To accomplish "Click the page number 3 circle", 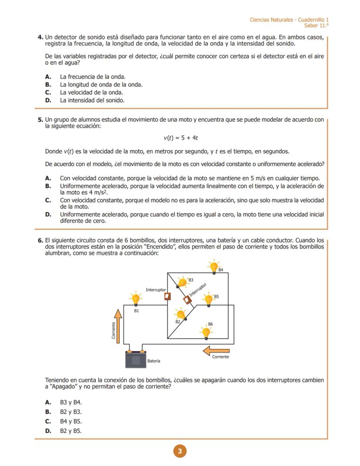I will pyautogui.click(x=180, y=452).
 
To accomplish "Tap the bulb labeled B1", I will pyautogui.click(x=136, y=299).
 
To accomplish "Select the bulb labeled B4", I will pyautogui.click(x=213, y=267).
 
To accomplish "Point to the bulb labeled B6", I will pyautogui.click(x=206, y=332).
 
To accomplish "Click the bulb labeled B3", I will pyautogui.click(x=183, y=282).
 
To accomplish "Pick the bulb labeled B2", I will pyautogui.click(x=180, y=314).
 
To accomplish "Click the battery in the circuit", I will pyautogui.click(x=136, y=359).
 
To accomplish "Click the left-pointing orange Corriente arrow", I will pyautogui.click(x=216, y=350).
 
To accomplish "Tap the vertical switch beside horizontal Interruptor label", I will pyautogui.click(x=167, y=296).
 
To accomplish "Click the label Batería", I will pyautogui.click(x=154, y=361).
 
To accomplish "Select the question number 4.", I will pyautogui.click(x=40, y=37).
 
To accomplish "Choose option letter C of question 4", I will pyautogui.click(x=48, y=92).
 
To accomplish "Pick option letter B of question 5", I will pyautogui.click(x=48, y=186).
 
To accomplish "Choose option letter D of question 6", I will pyautogui.click(x=48, y=431).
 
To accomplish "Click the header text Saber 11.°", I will pyautogui.click(x=316, y=26).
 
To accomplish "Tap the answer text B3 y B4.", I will pyautogui.click(x=71, y=402).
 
